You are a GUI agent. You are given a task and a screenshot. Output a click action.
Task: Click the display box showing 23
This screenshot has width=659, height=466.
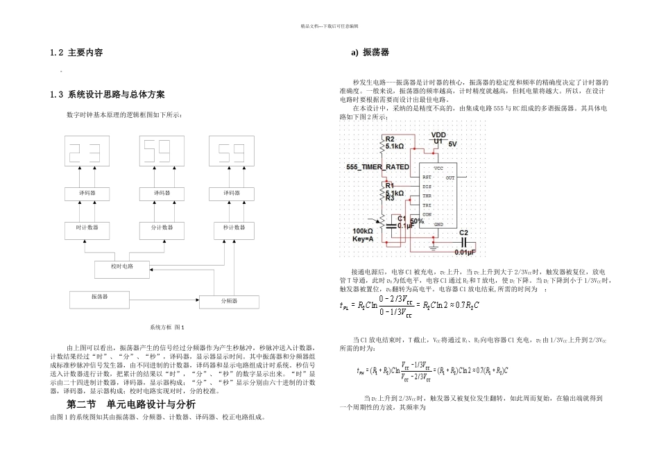[x=91, y=151]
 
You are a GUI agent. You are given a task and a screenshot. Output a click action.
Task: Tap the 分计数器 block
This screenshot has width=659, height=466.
[x=164, y=227]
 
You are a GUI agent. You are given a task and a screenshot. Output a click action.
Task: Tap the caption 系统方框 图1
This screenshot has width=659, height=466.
[x=164, y=326]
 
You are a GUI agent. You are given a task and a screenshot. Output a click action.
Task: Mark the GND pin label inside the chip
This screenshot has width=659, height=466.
[x=438, y=225]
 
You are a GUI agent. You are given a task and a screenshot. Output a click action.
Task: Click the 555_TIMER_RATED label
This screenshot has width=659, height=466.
[x=377, y=169]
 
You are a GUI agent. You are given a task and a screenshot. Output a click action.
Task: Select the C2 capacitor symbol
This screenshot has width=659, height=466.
[x=465, y=241]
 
